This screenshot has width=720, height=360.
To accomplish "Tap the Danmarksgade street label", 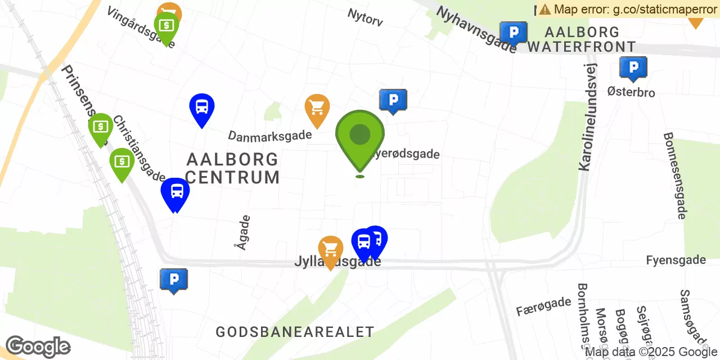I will click(269, 135).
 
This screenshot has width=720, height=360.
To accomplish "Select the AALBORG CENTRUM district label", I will click(232, 168).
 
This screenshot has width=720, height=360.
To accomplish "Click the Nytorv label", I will click(365, 17).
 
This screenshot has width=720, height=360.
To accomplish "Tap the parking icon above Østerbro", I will click(633, 68).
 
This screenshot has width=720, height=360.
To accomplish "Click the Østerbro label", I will click(631, 91).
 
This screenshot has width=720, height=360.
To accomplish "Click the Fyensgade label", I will click(676, 260).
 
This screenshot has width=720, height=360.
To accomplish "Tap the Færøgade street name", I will click(543, 307).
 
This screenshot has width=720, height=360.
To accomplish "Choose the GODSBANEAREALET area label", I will click(295, 332).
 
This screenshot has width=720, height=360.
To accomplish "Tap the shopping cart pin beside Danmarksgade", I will click(317, 108).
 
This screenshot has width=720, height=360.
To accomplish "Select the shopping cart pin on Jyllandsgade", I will click(331, 250).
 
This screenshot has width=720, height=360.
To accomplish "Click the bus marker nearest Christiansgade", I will click(175, 192).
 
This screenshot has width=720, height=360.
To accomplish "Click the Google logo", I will click(38, 346).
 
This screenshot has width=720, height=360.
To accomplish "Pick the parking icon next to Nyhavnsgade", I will click(513, 33).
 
